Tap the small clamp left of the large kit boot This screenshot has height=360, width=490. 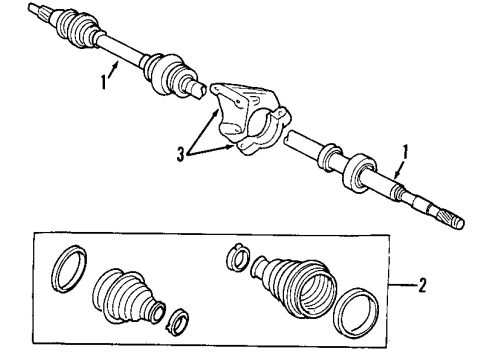(238, 258)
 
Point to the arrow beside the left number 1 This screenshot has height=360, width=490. (117, 67)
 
